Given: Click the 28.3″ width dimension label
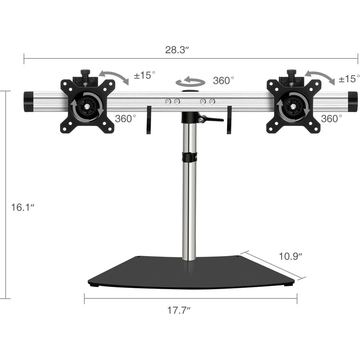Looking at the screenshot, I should tap(177, 50).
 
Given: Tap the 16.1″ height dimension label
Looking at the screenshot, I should tap(23, 207).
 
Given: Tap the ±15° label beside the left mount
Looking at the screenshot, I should tap(144, 76).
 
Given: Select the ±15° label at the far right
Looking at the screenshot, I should tap(348, 79).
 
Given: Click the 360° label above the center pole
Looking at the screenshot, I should tap(224, 80).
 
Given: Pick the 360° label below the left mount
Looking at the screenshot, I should tap(126, 119).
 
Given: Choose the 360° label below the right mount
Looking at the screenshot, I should tap(332, 119).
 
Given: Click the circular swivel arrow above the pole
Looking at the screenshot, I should tap(191, 82).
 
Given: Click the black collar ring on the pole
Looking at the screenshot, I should tap(190, 157).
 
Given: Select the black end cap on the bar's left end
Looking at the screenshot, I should tap(29, 102).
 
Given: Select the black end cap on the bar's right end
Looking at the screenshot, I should tap(352, 102).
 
